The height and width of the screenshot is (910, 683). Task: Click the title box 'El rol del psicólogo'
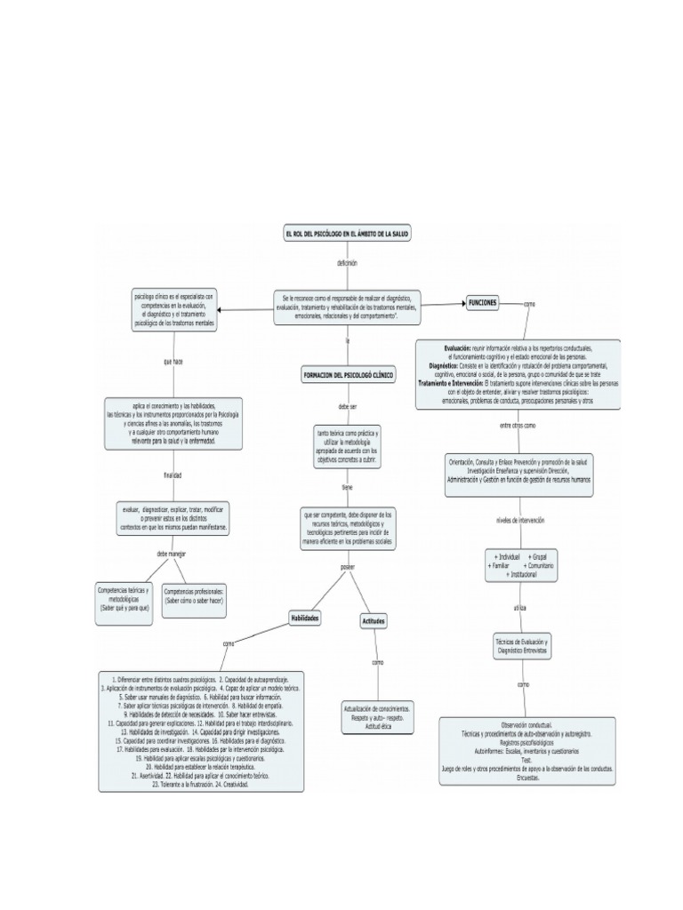coord(347,233)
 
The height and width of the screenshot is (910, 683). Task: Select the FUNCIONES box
coord(484,303)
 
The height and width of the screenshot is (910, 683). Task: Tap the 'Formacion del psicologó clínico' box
coord(348,376)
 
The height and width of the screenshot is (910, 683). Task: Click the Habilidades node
coord(305,617)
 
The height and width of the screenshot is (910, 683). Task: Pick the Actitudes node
coord(374,621)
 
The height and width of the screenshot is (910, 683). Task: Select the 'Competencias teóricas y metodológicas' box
coord(125,601)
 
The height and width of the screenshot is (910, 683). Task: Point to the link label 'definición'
coord(347,263)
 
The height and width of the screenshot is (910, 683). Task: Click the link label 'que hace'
coord(173,362)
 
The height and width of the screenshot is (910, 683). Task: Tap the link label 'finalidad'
coord(173,475)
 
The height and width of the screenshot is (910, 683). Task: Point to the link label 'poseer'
coord(347,566)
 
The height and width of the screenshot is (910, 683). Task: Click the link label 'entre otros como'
coord(518,426)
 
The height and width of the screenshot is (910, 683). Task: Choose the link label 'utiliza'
coord(520,607)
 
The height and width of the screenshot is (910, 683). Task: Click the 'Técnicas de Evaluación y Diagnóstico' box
coord(521,646)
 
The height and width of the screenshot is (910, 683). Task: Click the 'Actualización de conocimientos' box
coord(377,716)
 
